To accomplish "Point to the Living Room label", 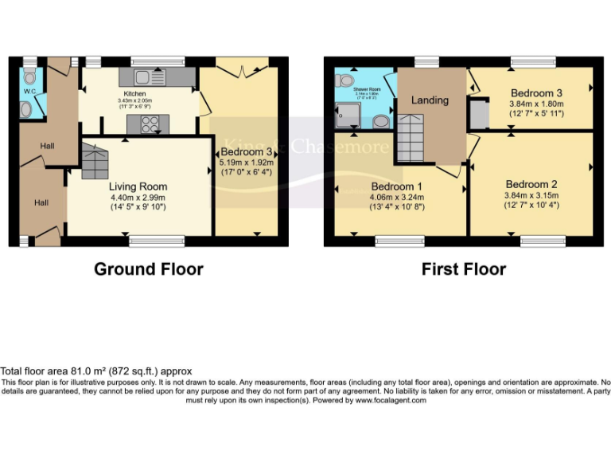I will tap(138, 186).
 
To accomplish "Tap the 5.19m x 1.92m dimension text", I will tap(247, 169).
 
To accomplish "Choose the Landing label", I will tap(430, 100).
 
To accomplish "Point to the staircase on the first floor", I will tap(413, 138).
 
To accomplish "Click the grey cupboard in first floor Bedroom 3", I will tap(479, 116).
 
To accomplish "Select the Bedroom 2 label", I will tap(531, 184).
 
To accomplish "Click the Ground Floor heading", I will tap(148, 269).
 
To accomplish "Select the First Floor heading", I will tap(463, 269).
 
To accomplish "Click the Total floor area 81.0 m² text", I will tap(95, 371).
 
